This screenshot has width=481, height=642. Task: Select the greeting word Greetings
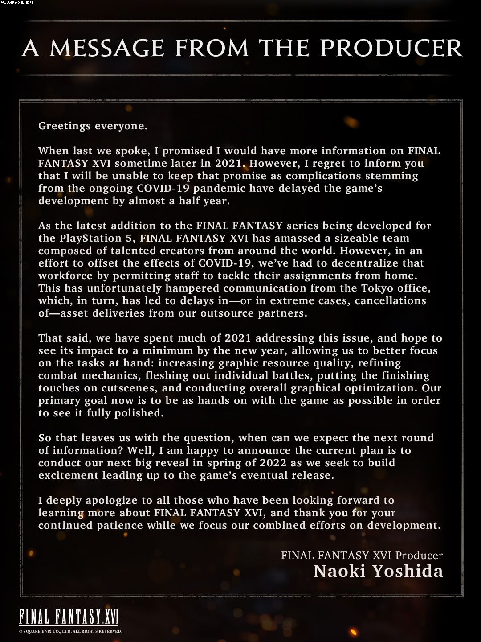65,126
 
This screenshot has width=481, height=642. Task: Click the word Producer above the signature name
419,556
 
